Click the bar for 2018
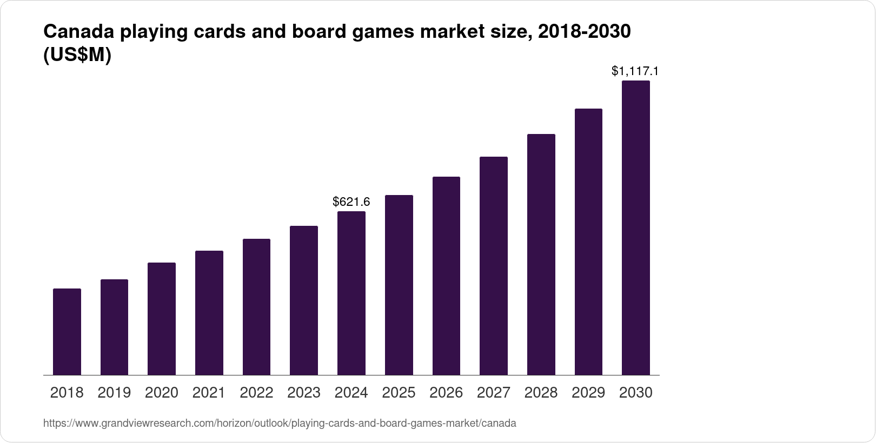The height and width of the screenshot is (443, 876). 67,332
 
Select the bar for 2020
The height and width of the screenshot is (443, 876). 162,319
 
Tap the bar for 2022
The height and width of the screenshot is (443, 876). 256,307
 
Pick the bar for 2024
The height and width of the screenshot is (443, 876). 351,293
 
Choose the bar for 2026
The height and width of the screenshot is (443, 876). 446,276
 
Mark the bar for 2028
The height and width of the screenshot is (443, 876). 541,254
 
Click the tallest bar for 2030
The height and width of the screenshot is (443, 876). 636,227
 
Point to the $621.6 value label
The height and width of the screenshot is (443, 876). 351,202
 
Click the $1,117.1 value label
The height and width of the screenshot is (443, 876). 635,71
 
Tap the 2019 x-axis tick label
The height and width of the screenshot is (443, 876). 114,393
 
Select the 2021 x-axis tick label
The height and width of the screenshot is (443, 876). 209,393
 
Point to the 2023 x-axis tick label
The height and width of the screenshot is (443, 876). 304,393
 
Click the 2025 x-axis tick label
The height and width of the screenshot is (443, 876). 399,393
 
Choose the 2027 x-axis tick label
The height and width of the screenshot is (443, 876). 494,393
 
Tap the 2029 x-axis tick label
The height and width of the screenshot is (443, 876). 588,393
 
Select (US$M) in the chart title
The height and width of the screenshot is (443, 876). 77,56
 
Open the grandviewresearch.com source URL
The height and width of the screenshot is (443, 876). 280,424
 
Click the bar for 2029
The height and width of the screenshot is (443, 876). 588,241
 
